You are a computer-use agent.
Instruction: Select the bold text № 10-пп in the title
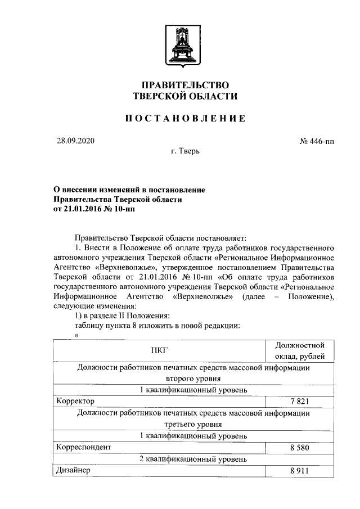[x=120, y=209]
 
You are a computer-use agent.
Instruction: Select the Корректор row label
[x=74, y=401]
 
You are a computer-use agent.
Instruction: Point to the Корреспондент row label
[x=83, y=447]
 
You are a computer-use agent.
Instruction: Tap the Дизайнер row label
[x=73, y=470]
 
